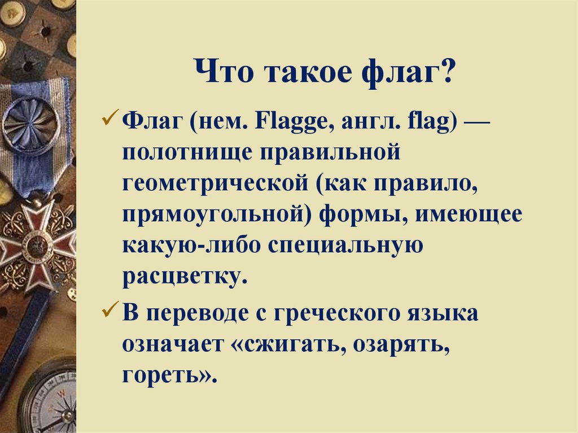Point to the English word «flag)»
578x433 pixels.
pyautogui.click(x=432, y=121)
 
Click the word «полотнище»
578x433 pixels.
pyautogui.click(x=180, y=153)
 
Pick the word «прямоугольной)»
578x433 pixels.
pyautogui.click(x=217, y=216)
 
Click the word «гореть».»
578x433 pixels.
pyautogui.click(x=169, y=375)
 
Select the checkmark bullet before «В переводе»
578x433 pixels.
pyautogui.click(x=110, y=311)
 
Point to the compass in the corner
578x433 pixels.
pyautogui.click(x=51, y=404)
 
